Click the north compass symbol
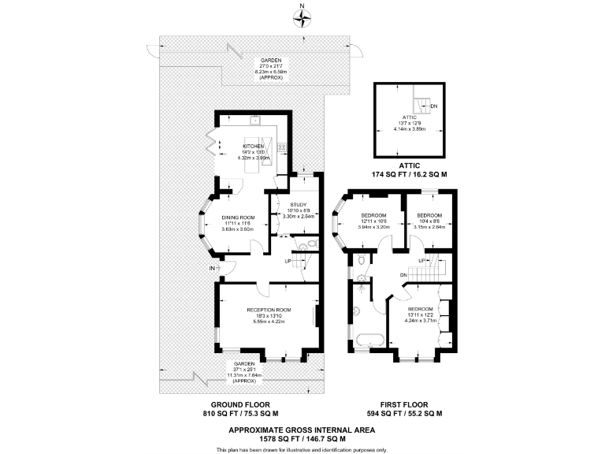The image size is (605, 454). click(302, 17)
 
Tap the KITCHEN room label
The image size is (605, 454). click(253, 147)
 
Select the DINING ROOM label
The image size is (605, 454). click(238, 217)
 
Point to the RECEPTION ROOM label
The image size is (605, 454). click(269, 310)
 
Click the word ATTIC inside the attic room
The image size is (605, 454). click(408, 117)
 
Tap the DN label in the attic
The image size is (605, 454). click(434, 105)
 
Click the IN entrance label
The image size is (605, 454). click(212, 269)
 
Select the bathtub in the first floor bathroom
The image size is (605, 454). click(369, 341)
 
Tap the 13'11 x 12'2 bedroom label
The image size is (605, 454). click(420, 309)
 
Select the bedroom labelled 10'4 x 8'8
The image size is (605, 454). click(429, 215)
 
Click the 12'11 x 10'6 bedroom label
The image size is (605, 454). click(373, 215)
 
